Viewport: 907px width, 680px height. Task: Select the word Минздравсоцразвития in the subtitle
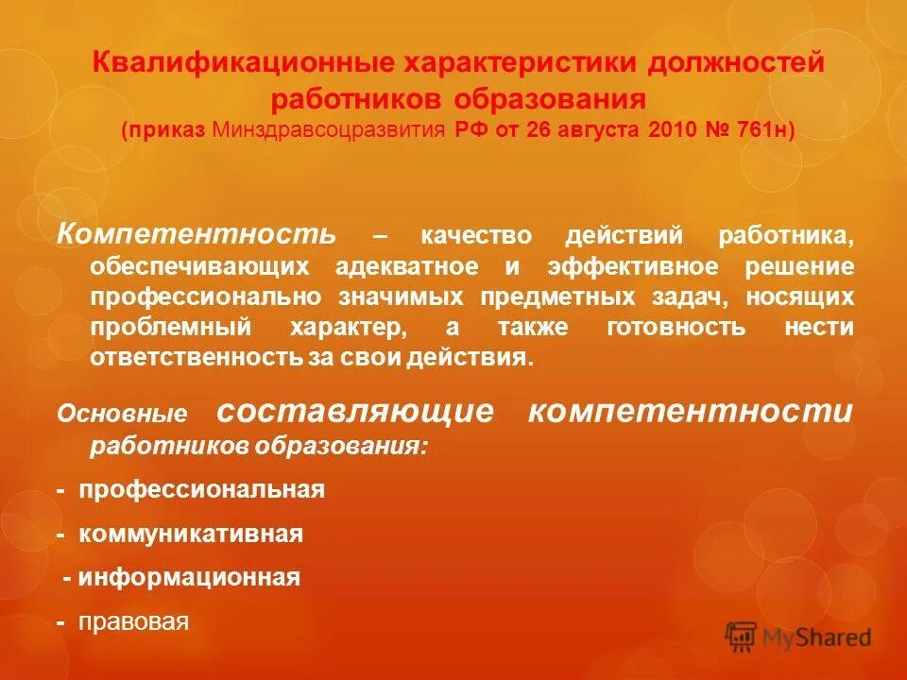tap(329, 129)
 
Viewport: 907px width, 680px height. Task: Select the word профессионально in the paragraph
tap(207, 297)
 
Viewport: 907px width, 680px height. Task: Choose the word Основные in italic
tap(122, 414)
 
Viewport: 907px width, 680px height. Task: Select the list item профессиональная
tap(201, 490)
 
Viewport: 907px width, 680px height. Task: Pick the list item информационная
tap(189, 577)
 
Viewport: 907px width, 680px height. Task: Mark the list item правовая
tap(134, 621)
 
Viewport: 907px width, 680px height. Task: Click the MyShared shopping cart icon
tap(742, 637)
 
